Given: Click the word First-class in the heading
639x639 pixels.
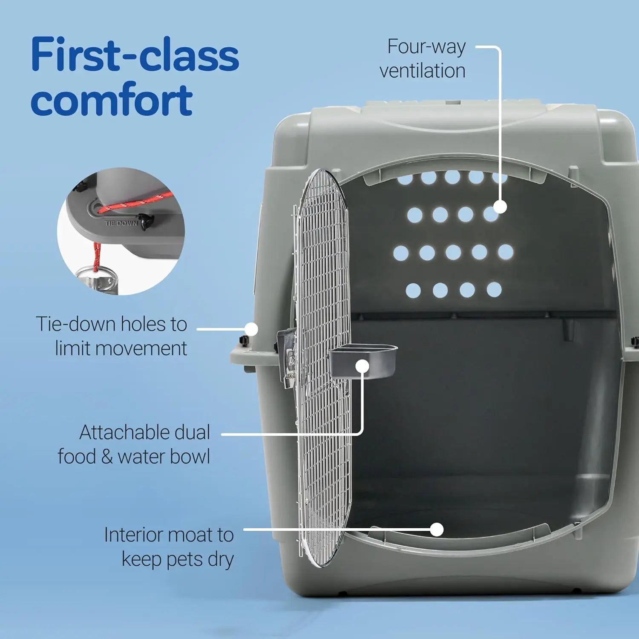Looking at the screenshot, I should [x=135, y=55].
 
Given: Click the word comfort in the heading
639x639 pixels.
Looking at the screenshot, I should [x=112, y=100].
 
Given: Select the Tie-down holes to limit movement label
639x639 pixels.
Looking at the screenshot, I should [x=112, y=336].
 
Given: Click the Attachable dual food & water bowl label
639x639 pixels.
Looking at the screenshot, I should [x=134, y=444].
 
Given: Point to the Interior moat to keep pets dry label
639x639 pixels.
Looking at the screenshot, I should [x=169, y=547].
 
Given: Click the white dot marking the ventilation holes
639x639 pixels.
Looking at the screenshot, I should [x=500, y=207].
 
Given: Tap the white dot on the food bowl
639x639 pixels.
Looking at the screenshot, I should [x=362, y=366].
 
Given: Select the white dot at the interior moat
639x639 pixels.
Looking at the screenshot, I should [x=437, y=530].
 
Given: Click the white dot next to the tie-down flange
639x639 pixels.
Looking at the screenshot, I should [x=252, y=329].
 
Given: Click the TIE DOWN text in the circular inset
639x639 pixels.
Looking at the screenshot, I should [x=121, y=223].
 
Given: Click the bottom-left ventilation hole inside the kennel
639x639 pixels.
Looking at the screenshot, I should [x=413, y=291].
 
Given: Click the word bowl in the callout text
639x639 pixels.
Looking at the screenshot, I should [x=191, y=457].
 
